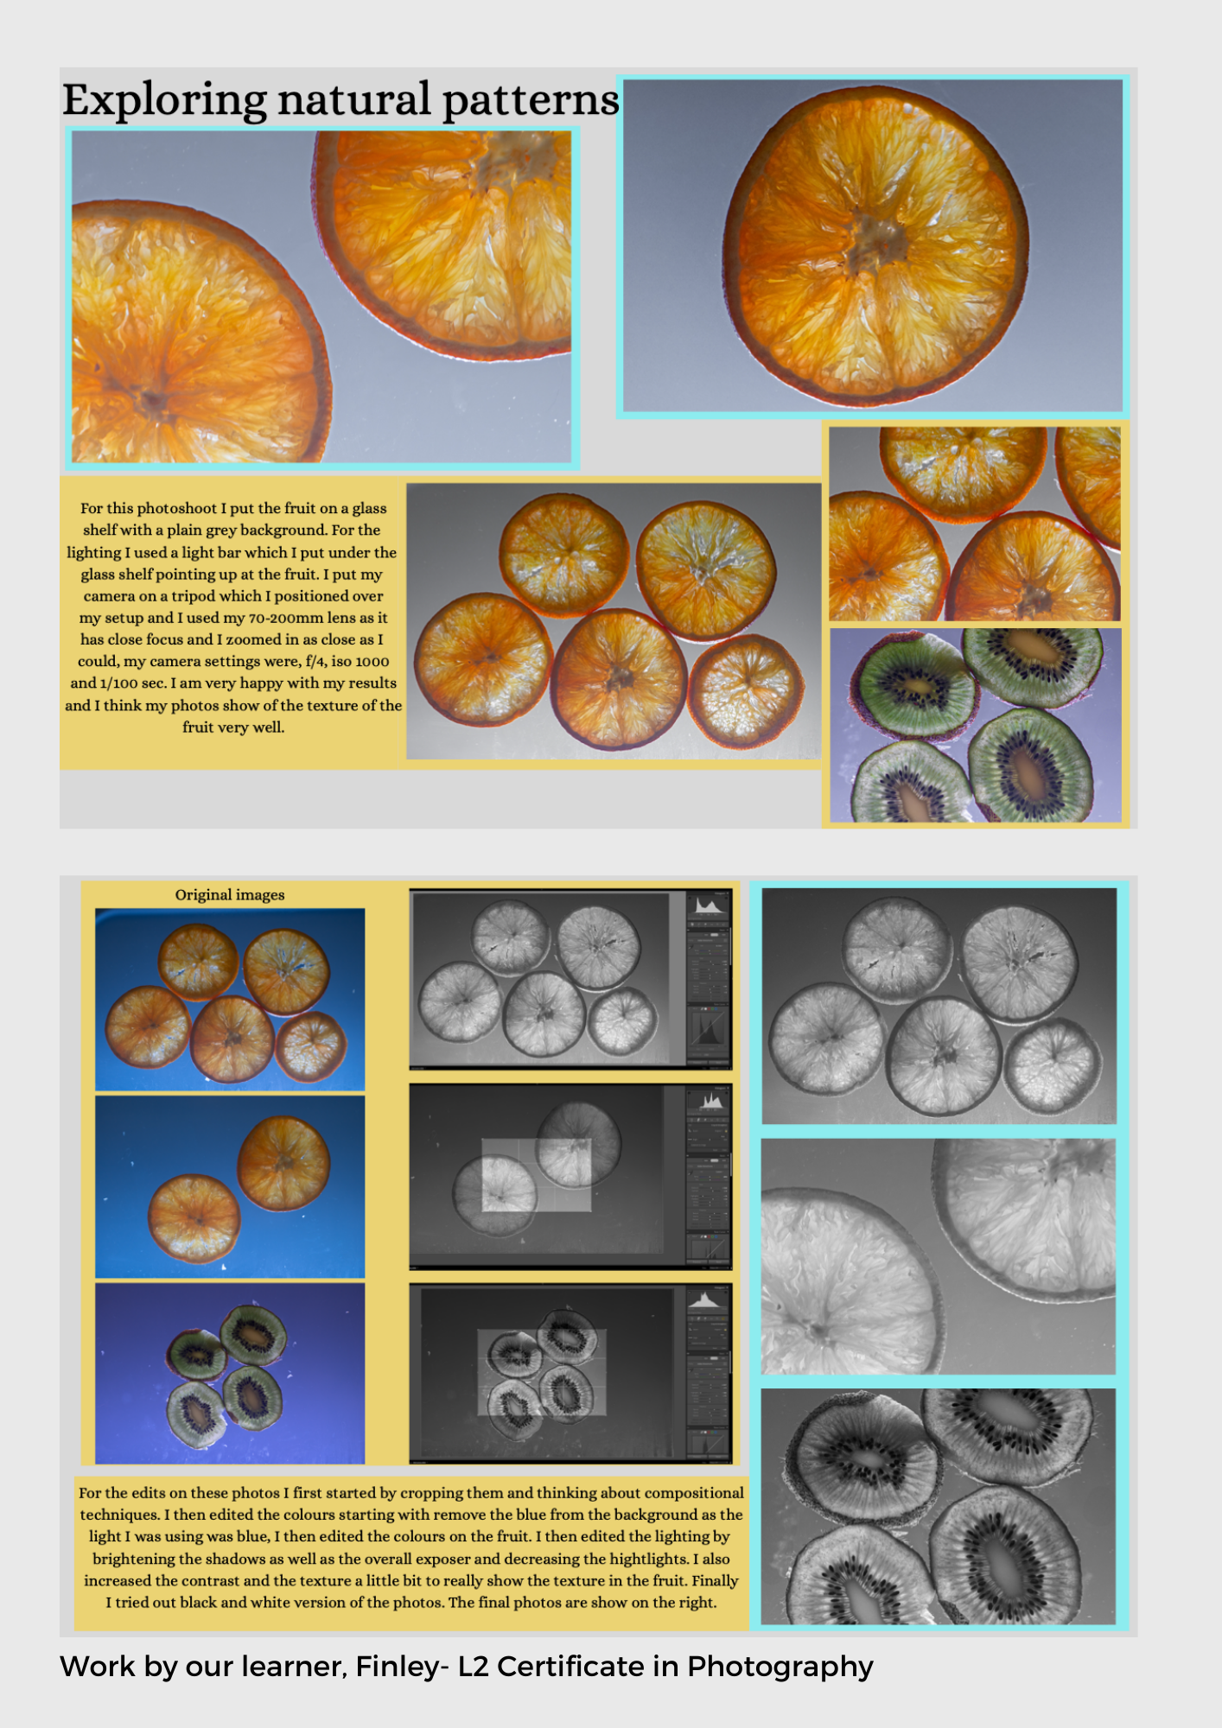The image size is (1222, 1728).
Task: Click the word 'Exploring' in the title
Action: [x=164, y=101]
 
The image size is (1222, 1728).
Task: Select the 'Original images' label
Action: [x=230, y=895]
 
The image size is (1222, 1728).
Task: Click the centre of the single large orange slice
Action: [x=875, y=246]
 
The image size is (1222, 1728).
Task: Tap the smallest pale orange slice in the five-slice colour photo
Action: [x=746, y=692]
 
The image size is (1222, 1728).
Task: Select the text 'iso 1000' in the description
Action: [x=360, y=661]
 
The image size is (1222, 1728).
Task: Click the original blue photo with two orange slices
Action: [x=230, y=1187]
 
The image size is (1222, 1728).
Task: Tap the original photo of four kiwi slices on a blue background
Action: [x=230, y=1374]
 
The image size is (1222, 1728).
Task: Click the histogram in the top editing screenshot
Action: [x=708, y=905]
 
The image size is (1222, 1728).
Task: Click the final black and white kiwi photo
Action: [x=939, y=1507]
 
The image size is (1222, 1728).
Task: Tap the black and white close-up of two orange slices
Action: [x=939, y=1256]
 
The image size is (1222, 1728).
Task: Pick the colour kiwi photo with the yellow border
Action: [x=976, y=725]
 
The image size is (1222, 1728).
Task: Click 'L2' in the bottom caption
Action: [x=474, y=1667]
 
